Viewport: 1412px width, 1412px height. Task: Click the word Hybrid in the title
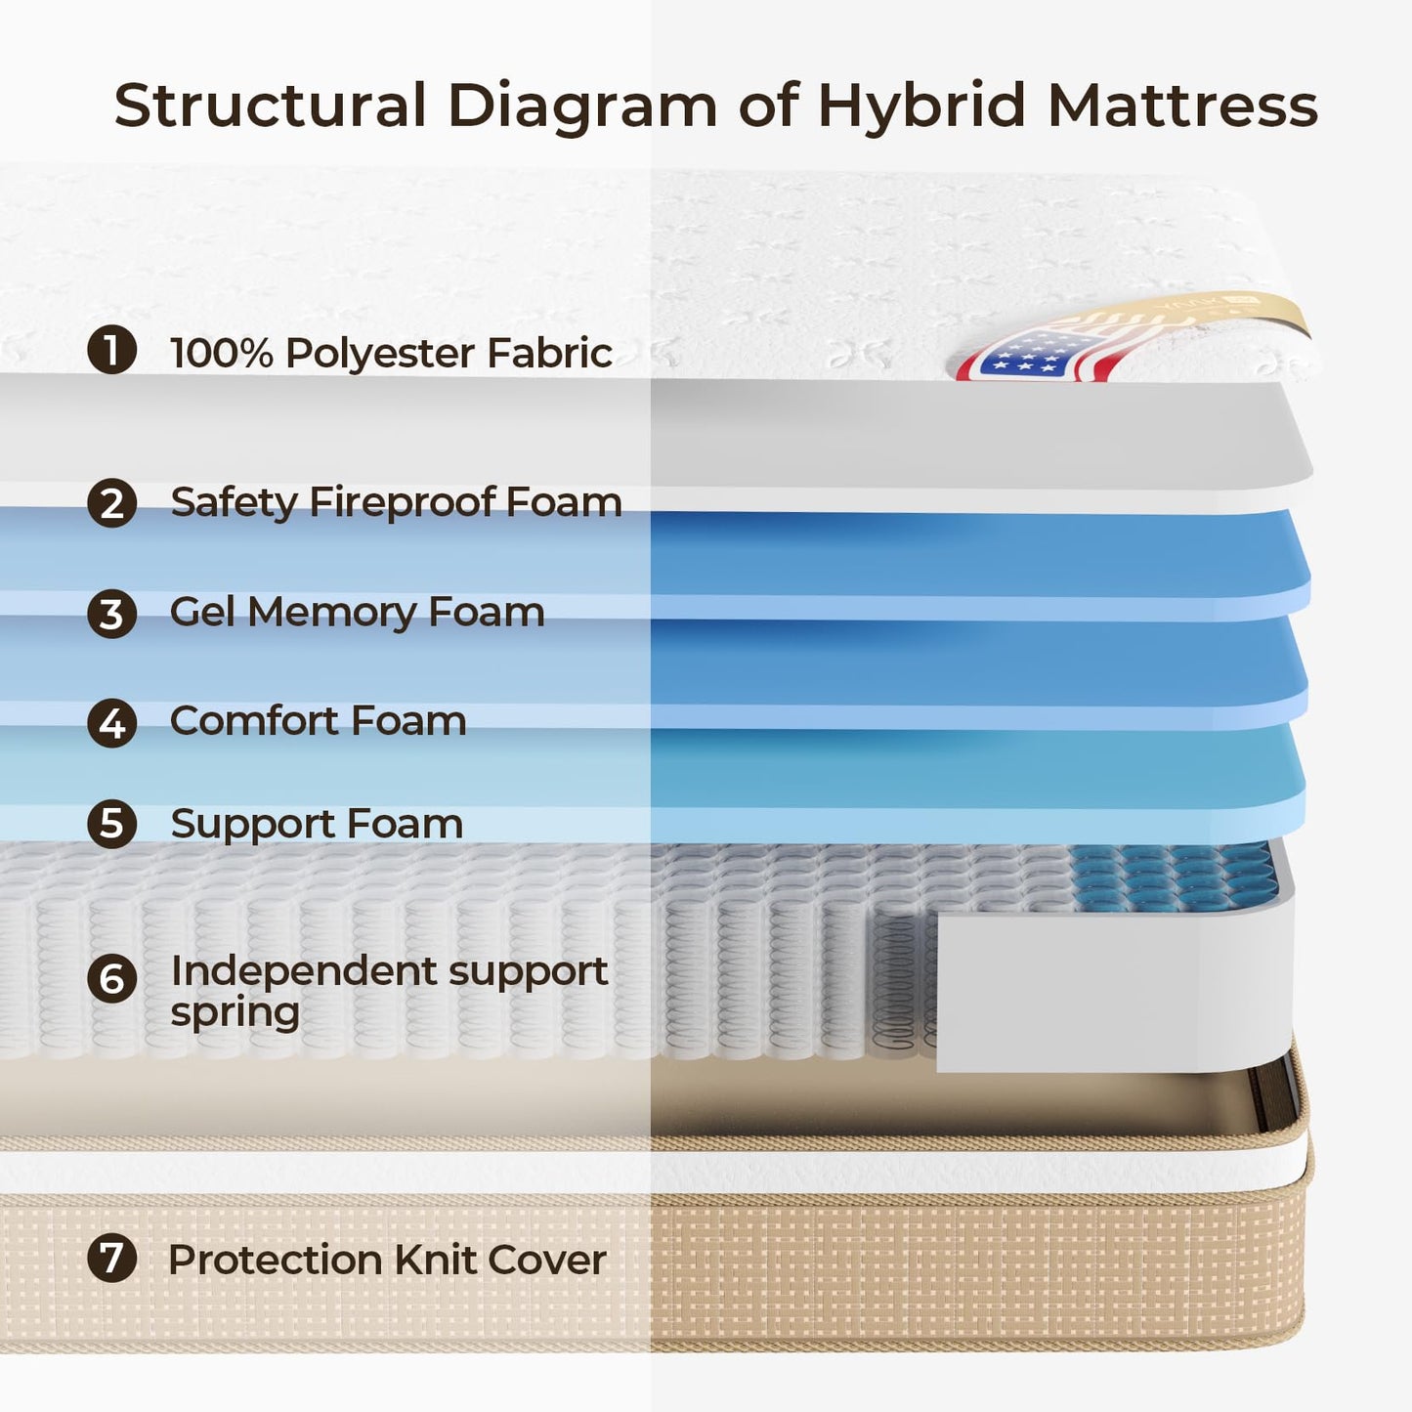point(920,106)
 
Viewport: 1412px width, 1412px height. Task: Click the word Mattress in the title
point(1182,106)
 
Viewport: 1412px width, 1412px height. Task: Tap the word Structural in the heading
point(271,106)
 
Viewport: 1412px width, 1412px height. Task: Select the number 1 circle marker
point(111,350)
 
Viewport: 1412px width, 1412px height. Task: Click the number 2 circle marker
point(111,503)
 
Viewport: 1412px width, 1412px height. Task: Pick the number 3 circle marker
point(111,614)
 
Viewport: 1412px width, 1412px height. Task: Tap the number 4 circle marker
point(111,723)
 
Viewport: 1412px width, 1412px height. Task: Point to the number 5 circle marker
point(111,824)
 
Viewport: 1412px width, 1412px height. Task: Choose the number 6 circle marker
point(111,978)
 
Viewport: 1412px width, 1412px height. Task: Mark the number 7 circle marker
point(111,1258)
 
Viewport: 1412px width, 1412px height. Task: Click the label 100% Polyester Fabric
point(391,353)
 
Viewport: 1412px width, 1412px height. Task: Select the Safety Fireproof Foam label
point(396,503)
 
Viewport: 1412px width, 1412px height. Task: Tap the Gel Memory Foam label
point(357,614)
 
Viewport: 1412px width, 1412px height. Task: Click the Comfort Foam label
point(318,721)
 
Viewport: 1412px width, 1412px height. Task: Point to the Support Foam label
point(317,825)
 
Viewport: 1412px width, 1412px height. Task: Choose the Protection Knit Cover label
point(387,1260)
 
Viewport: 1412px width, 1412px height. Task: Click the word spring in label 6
point(235,1013)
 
